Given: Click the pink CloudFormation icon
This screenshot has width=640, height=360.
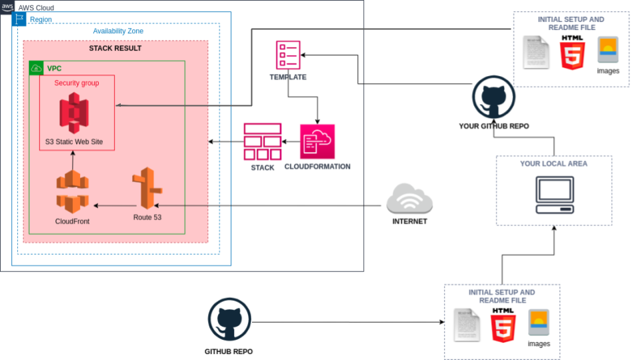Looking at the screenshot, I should point(317,141).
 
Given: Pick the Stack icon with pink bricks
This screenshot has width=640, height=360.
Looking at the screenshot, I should point(262,141).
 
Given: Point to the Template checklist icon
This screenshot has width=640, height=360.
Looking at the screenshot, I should point(288,55).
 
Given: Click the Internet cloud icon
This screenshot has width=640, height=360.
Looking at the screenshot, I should point(409,198).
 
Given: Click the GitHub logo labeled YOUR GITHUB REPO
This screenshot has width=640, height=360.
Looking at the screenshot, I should point(493,97).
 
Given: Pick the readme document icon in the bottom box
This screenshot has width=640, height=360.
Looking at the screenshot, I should point(466,325).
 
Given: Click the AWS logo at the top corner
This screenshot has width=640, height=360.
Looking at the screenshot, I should point(7,7).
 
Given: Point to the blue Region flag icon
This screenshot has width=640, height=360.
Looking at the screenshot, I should point(19,19).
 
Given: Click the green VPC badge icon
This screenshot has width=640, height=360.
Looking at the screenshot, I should point(36,68).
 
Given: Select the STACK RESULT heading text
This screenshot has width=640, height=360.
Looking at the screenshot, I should point(115,49).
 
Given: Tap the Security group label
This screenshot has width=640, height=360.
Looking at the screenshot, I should point(77,83).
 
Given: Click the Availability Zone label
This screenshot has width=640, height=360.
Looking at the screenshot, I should point(118,31).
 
